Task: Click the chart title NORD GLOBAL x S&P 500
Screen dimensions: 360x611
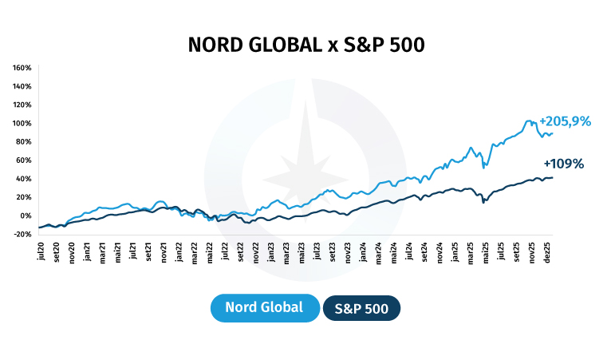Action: [x=305, y=45]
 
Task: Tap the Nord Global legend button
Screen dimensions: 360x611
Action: [x=264, y=307]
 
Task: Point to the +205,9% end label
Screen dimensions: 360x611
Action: [x=565, y=121]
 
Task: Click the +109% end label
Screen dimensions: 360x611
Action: [x=564, y=164]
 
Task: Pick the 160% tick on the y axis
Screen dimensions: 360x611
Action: [x=22, y=68]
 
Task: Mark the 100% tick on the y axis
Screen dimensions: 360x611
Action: [x=22, y=123]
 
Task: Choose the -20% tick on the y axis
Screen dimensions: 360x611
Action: [x=22, y=234]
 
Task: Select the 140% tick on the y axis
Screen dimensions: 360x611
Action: [x=22, y=86]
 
